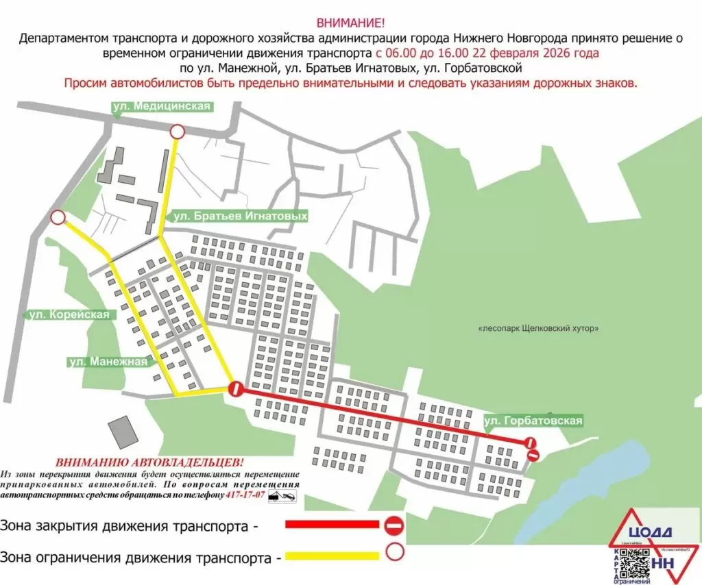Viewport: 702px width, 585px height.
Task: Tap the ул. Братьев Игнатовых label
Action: (239, 216)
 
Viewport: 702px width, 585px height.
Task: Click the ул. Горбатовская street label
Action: (533, 420)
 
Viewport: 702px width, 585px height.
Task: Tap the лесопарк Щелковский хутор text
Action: (538, 328)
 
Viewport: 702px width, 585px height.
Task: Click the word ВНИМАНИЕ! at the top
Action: (350, 22)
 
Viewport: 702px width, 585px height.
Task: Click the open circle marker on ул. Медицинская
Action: (177, 132)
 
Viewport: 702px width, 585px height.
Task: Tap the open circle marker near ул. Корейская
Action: (58, 218)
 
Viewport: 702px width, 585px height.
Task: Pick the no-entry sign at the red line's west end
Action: (236, 390)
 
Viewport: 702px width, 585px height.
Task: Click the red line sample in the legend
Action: (332, 525)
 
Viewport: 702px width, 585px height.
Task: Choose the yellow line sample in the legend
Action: (332, 556)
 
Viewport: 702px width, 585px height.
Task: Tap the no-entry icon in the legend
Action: (395, 525)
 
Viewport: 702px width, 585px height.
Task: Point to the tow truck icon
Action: (282, 495)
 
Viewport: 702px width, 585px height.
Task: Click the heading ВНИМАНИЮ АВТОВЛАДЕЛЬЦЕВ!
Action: (149, 462)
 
